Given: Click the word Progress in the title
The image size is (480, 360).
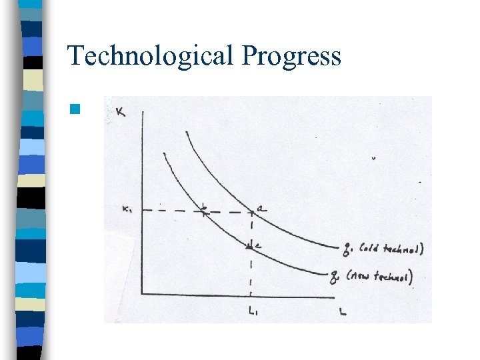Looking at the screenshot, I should click(291, 57).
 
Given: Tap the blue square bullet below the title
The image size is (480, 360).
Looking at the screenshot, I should click(75, 109).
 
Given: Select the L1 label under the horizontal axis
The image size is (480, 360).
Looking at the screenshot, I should click(251, 310).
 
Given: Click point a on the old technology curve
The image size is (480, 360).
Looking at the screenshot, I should click(251, 213).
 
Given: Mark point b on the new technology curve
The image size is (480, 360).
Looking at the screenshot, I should click(203, 212).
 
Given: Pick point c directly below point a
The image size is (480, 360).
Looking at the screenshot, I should click(251, 247).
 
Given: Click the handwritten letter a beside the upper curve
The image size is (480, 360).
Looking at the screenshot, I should click(262, 209).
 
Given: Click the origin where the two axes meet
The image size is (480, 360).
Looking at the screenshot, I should click(141, 293).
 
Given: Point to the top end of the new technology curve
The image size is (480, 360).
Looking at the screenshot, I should click(163, 153).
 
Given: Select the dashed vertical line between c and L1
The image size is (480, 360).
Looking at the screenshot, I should click(251, 273).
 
